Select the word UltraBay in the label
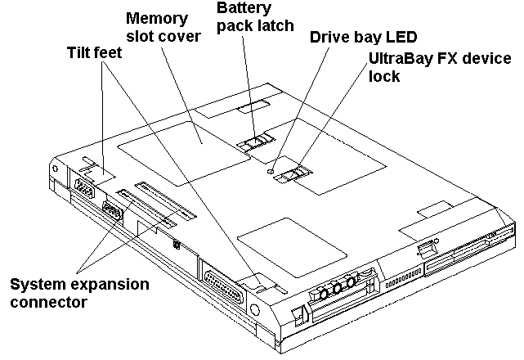394,60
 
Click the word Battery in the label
242,10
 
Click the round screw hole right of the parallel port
257,309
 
